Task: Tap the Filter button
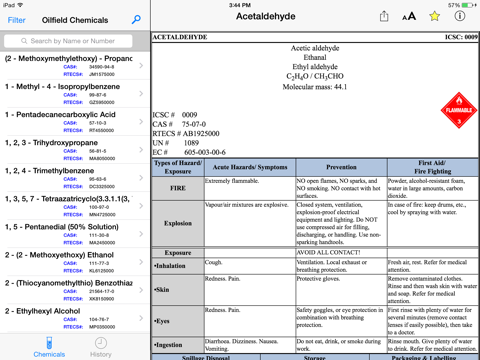pyautogui.click(x=16, y=20)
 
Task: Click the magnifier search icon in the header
pyautogui.click(x=136, y=20)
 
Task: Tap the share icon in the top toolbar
pyautogui.click(x=384, y=17)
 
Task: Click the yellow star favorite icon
pyautogui.click(x=434, y=17)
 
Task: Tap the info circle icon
pyautogui.click(x=459, y=17)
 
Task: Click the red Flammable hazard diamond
pyautogui.click(x=459, y=111)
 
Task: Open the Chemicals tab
pyautogui.click(x=49, y=346)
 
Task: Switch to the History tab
pyautogui.click(x=101, y=346)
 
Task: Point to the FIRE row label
pyautogui.click(x=176, y=187)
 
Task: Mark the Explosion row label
pyautogui.click(x=176, y=224)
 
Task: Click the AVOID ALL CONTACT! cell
pyautogui.click(x=340, y=253)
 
